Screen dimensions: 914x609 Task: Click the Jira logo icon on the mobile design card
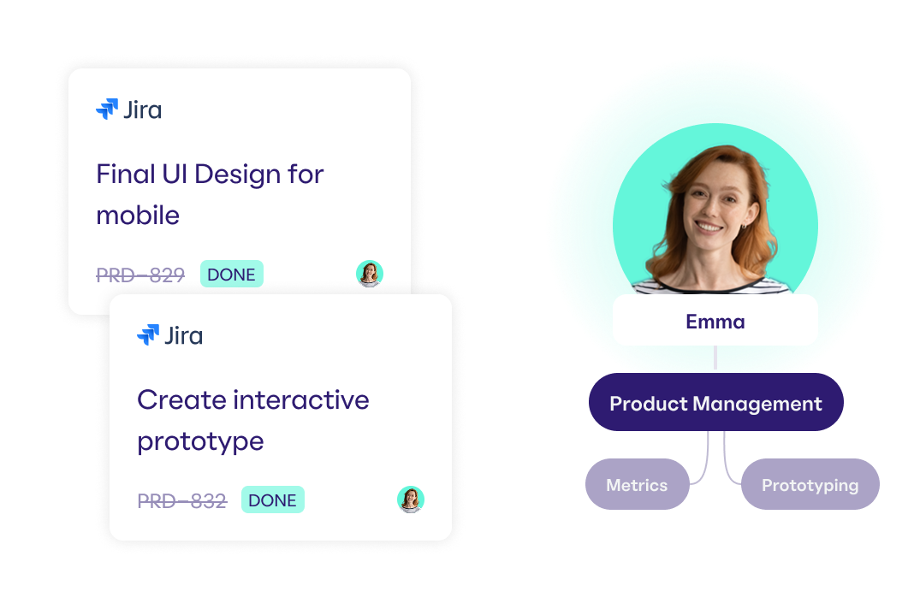[x=107, y=109]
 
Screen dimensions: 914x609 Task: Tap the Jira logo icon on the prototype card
[x=148, y=334]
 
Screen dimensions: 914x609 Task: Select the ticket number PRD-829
[x=140, y=275]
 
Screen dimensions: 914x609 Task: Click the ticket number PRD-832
[x=182, y=500]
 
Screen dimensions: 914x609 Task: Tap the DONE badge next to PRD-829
[x=231, y=274]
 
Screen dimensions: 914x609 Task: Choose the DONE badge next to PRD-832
[x=273, y=500]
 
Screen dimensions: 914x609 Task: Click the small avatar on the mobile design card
[x=370, y=274]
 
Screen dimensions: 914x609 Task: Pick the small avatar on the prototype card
[x=411, y=500]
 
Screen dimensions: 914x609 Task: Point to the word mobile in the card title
[x=138, y=215]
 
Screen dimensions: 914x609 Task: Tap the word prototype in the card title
[x=200, y=442]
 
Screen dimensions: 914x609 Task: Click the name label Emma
[x=715, y=321]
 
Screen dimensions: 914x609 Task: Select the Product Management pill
[x=715, y=402]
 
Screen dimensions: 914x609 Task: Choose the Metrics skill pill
[x=637, y=484]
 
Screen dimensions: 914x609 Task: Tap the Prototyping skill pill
[x=810, y=484]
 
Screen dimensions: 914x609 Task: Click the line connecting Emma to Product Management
[x=715, y=358]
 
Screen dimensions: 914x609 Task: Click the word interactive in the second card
[x=300, y=399]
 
